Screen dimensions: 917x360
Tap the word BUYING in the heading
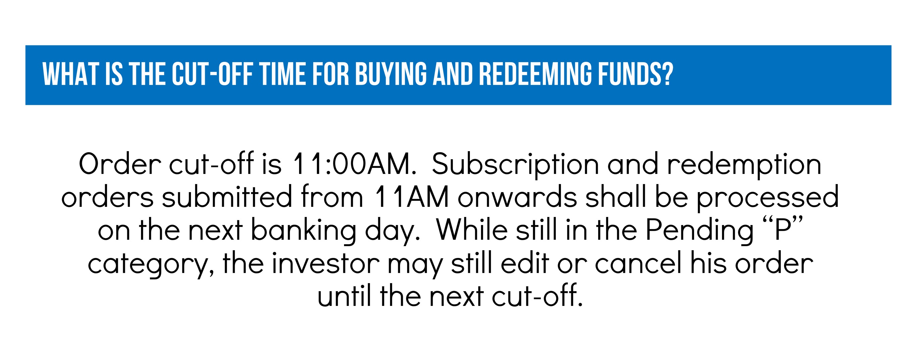[391, 74]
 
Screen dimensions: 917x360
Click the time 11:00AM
[354, 164]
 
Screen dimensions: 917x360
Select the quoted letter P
[783, 230]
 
